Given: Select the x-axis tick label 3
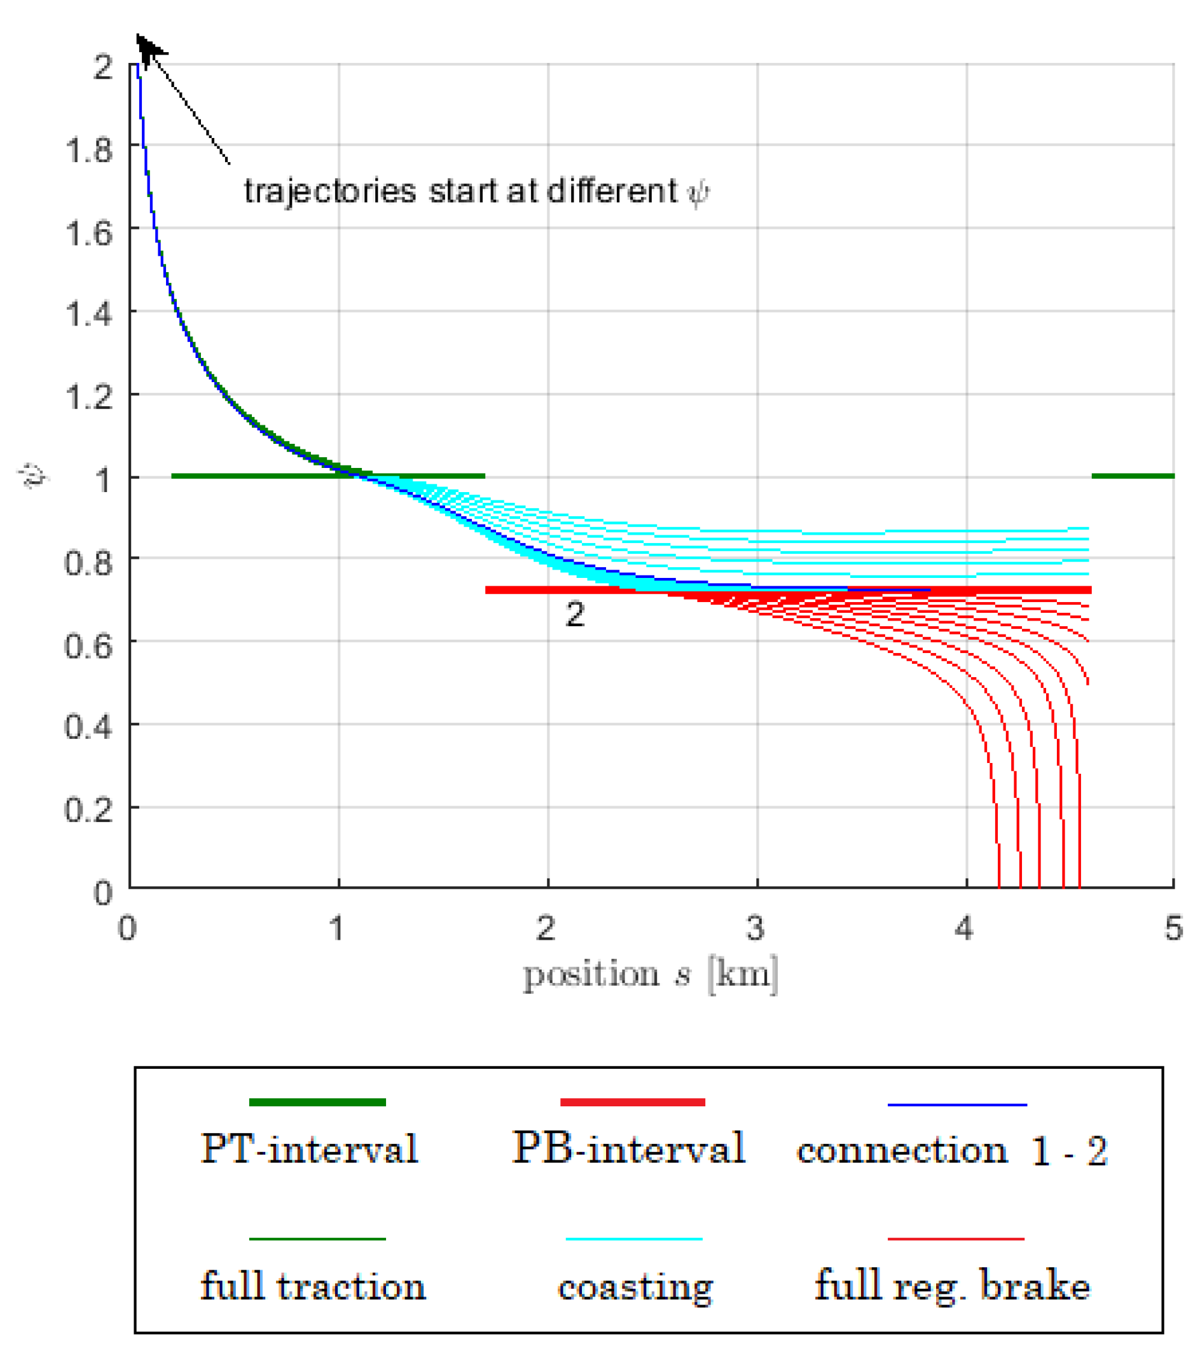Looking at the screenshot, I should click(x=755, y=929).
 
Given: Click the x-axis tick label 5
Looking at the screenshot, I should click(x=1173, y=929).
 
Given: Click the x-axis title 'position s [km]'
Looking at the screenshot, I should click(x=650, y=975).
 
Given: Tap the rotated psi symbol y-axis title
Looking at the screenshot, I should click(x=32, y=476).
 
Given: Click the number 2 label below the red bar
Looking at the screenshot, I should click(x=574, y=614).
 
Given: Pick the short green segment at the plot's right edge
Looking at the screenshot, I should click(x=1132, y=476).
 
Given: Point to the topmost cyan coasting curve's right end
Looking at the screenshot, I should click(x=1086, y=528).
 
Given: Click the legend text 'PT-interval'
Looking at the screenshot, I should click(x=310, y=1148).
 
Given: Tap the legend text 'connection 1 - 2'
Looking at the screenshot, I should click(x=952, y=1150).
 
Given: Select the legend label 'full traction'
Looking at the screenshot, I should click(x=313, y=1286).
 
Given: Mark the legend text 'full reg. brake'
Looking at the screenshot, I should click(x=952, y=1286).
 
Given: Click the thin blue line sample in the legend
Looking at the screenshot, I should click(x=956, y=1105).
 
